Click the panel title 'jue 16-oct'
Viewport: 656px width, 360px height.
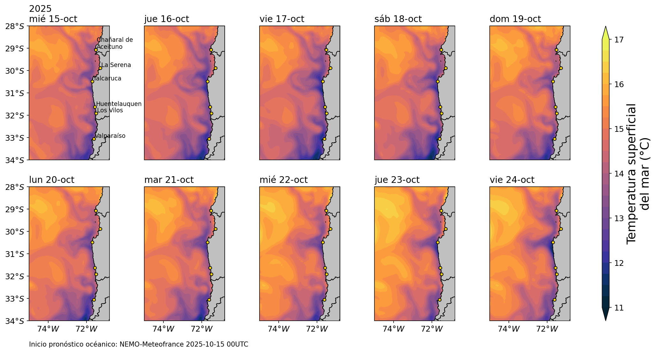[x=167, y=19]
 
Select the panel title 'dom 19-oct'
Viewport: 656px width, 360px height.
[x=515, y=19]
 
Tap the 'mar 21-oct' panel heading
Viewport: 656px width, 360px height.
[x=169, y=180]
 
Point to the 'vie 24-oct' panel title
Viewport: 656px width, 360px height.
[x=512, y=180]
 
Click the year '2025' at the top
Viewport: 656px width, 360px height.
[x=40, y=9]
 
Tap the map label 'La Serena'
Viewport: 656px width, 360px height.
[x=116, y=65]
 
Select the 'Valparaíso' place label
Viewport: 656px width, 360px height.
[x=110, y=136]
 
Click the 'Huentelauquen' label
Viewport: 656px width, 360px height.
[x=119, y=104]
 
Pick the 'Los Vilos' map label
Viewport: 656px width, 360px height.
[x=110, y=110]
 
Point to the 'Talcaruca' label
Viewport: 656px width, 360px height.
[x=108, y=79]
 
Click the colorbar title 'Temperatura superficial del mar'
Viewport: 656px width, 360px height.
[x=637, y=174]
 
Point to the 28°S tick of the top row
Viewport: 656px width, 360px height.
[x=15, y=26]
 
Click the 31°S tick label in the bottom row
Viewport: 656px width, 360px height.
[x=15, y=254]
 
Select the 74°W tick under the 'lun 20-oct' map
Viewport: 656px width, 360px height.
[x=48, y=329]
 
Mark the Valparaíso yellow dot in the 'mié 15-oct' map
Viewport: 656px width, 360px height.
[x=94, y=139]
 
